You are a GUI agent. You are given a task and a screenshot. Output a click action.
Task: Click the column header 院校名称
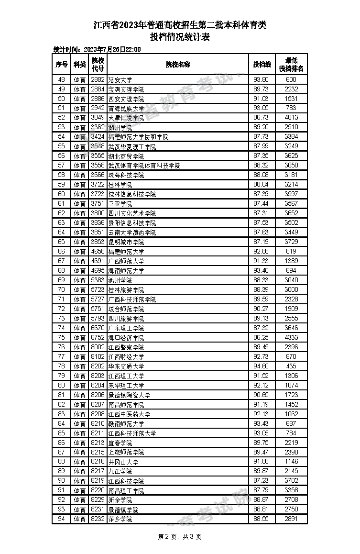pyautogui.click(x=178, y=65)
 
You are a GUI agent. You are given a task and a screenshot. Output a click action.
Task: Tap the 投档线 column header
pyautogui.click(x=262, y=65)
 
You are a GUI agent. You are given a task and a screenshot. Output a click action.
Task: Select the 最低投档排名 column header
pyautogui.click(x=291, y=65)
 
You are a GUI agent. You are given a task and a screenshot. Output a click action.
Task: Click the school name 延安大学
pyautogui.click(x=120, y=80)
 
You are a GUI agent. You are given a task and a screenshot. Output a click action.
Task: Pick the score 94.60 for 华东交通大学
pyautogui.click(x=261, y=366)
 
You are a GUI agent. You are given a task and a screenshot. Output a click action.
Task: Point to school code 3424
pyautogui.click(x=98, y=137)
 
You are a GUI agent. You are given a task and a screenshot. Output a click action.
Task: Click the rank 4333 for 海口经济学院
pyautogui.click(x=291, y=338)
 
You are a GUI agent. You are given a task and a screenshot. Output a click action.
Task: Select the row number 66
pyautogui.click(x=61, y=252)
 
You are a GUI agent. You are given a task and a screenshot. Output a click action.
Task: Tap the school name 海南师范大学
pyautogui.click(x=126, y=271)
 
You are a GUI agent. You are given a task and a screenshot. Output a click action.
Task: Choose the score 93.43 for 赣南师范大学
pyautogui.click(x=261, y=424)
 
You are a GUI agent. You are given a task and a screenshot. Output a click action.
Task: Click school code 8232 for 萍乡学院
pyautogui.click(x=98, y=519)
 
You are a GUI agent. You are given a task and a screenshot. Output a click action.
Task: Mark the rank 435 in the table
pyautogui.click(x=291, y=366)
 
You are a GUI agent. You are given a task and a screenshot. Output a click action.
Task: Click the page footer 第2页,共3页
pyautogui.click(x=179, y=537)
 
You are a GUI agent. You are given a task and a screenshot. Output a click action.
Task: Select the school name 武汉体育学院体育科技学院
pyautogui.click(x=144, y=166)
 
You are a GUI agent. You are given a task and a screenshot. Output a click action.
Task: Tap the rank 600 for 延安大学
pyautogui.click(x=291, y=80)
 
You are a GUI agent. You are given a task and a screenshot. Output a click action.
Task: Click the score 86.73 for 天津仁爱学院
pyautogui.click(x=261, y=118)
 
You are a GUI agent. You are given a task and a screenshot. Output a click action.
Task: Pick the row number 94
pyautogui.click(x=61, y=519)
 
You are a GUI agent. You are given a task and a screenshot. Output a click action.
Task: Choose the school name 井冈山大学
pyautogui.click(x=123, y=462)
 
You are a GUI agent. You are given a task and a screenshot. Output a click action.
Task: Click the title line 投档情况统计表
pyautogui.click(x=180, y=37)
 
